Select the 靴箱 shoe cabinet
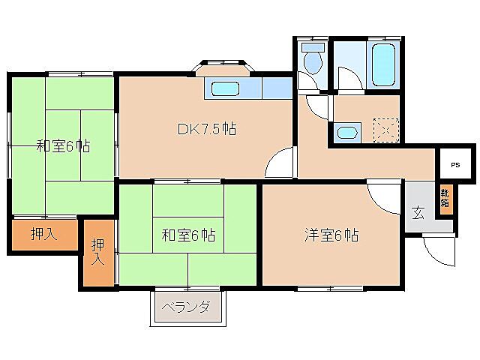[445, 199]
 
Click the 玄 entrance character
[417, 211]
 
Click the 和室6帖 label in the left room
[63, 145]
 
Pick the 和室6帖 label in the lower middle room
[189, 235]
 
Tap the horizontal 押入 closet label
[43, 235]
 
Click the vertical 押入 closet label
[98, 252]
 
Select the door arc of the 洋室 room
[383, 197]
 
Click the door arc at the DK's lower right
[279, 163]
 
